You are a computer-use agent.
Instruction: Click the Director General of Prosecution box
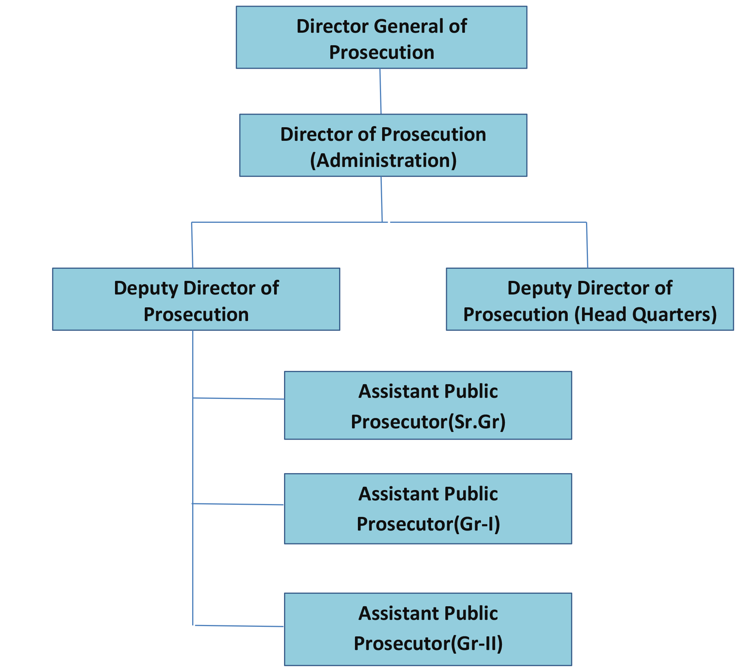tap(381, 37)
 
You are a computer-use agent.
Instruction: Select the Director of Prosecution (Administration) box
tap(383, 146)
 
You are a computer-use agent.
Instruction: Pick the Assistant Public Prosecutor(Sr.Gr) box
tap(428, 406)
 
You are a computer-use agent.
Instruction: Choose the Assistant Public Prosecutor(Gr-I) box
tap(428, 509)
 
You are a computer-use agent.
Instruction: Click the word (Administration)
tap(383, 161)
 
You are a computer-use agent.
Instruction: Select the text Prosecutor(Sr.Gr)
tap(428, 422)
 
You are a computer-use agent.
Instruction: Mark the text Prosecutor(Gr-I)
tap(428, 524)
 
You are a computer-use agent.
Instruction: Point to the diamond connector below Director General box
tap(380, 91)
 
